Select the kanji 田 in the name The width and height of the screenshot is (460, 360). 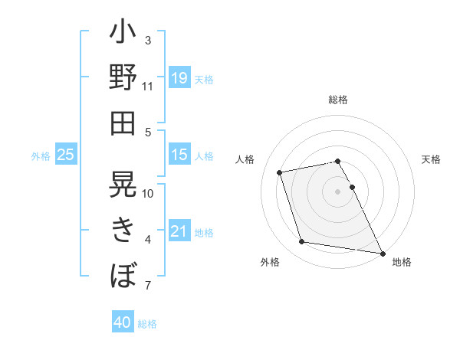tap(123, 123)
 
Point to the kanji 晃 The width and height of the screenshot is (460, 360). tap(123, 184)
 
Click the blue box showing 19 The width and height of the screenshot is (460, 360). tap(179, 78)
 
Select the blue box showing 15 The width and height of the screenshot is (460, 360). tap(179, 155)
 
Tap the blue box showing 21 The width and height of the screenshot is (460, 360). tap(179, 231)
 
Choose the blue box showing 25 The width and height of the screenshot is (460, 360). tap(66, 155)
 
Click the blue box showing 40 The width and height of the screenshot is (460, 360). tap(123, 322)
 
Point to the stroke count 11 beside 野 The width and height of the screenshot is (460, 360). tap(147, 87)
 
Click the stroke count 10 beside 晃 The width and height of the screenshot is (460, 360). tap(148, 193)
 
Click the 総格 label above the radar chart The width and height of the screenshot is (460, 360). tap(337, 100)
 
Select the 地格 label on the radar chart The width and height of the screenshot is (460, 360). tap(402, 262)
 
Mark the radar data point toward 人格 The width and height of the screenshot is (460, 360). tap(280, 172)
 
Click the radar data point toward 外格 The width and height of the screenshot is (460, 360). tap(302, 242)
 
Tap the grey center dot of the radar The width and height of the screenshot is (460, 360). tap(337, 191)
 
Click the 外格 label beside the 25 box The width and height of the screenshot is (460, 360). tap(40, 155)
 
